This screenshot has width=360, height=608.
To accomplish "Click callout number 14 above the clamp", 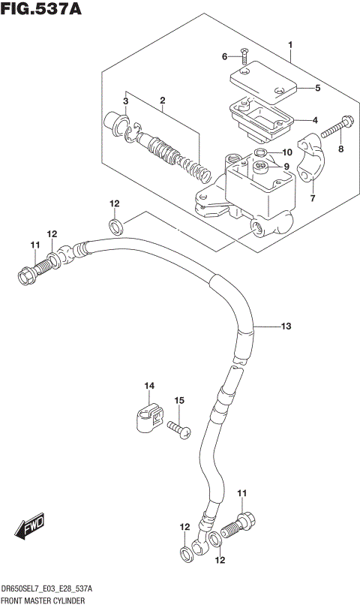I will click(x=149, y=386).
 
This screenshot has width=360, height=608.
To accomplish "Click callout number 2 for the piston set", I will click(x=161, y=100).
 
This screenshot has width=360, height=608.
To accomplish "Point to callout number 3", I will click(x=126, y=101).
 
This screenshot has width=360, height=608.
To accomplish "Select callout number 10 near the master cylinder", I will click(x=286, y=152).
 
